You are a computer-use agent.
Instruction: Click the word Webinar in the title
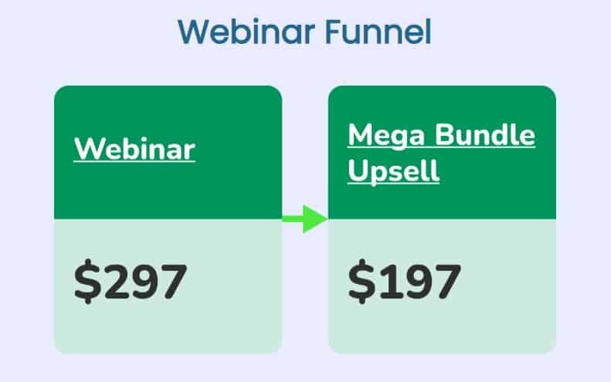246,32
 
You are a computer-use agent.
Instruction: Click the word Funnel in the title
378,32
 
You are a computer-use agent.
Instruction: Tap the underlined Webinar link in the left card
134,149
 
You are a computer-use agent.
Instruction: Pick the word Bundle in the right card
485,135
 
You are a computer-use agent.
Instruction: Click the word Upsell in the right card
394,171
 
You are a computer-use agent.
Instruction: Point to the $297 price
131,281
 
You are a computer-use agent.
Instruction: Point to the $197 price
405,281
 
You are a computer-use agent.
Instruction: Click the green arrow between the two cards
304,219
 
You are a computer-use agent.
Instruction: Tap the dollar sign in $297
87,281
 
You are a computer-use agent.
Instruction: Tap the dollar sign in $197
362,281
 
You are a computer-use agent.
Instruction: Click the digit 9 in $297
145,282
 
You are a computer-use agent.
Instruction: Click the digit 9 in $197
419,282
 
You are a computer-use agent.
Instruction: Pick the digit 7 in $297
174,282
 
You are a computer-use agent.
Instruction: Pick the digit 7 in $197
448,282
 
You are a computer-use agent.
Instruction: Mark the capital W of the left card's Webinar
89,148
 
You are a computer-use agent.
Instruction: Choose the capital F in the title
332,32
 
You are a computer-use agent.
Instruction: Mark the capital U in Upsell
357,169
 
